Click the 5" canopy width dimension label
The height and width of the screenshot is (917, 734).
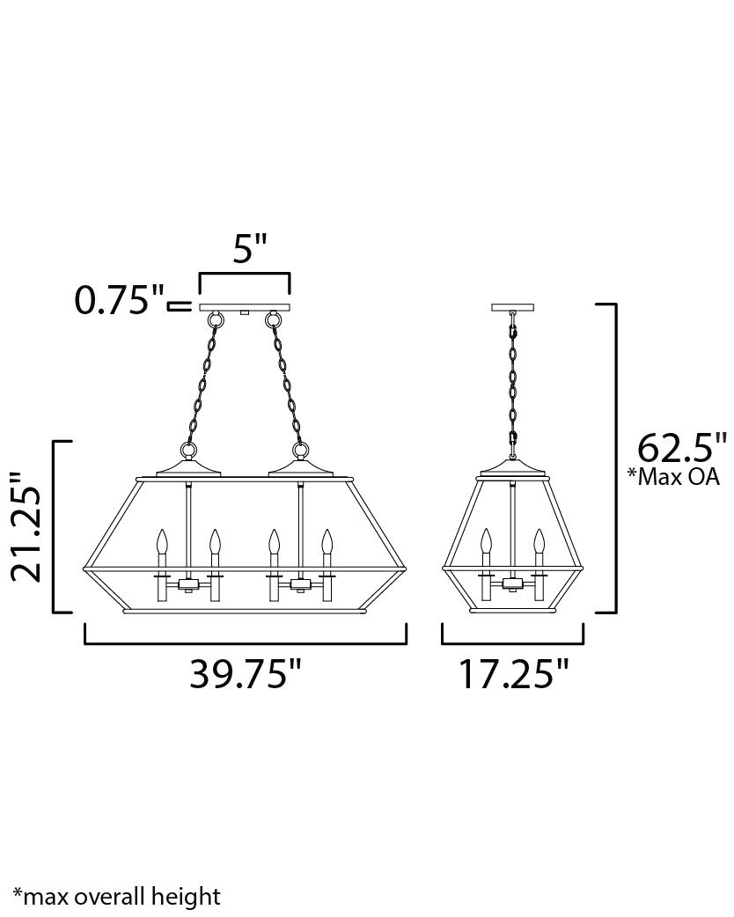pos(250,249)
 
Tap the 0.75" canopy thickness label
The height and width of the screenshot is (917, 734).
pos(120,301)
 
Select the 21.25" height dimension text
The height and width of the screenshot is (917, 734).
pos(27,526)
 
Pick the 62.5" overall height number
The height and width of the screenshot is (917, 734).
pos(682,448)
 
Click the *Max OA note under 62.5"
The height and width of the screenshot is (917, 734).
pos(673,477)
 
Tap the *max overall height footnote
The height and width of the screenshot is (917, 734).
pos(117,897)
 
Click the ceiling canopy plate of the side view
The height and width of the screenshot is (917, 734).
pos(513,307)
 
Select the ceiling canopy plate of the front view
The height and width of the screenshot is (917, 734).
pos(245,307)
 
